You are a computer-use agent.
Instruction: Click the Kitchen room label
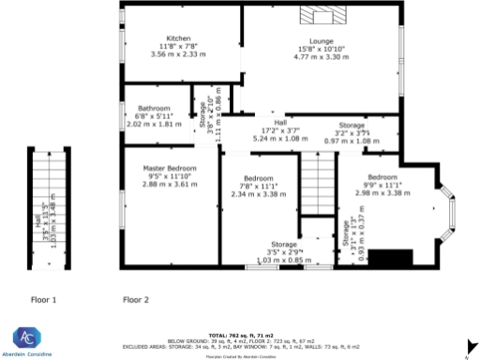[178, 38]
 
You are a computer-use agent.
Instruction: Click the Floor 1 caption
[44, 301]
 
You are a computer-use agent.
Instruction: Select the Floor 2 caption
[136, 301]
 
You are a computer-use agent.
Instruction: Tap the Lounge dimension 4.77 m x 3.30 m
[322, 57]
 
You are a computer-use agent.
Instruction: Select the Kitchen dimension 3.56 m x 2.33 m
[178, 53]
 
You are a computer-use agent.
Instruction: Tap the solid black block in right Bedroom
[385, 258]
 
